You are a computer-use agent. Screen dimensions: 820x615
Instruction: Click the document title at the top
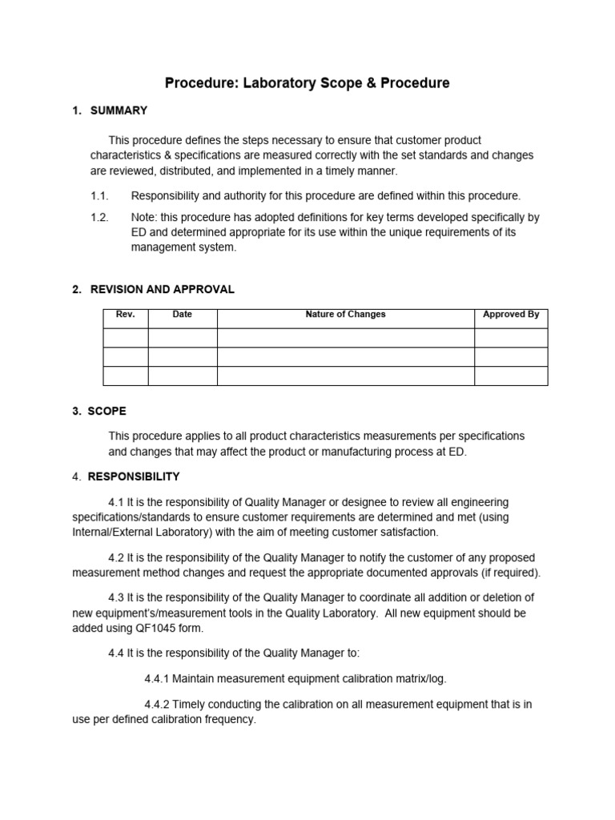pyautogui.click(x=307, y=82)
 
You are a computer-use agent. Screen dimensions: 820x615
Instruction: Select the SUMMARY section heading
pyautogui.click(x=119, y=111)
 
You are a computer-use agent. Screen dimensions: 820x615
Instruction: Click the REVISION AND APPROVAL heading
pyautogui.click(x=161, y=289)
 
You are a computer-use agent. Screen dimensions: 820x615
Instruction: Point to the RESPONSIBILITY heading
pyautogui.click(x=134, y=476)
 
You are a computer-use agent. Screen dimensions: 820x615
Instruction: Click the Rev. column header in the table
pyautogui.click(x=126, y=315)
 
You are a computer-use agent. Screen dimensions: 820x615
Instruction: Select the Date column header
pyautogui.click(x=183, y=315)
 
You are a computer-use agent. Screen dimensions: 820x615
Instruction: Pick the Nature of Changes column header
pyautogui.click(x=345, y=315)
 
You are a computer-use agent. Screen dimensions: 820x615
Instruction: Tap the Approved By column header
pyautogui.click(x=511, y=315)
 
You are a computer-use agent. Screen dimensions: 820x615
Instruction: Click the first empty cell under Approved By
pyautogui.click(x=511, y=337)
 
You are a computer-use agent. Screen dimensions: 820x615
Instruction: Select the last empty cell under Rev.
pyautogui.click(x=126, y=376)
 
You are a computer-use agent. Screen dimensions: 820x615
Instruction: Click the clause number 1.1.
pyautogui.click(x=99, y=195)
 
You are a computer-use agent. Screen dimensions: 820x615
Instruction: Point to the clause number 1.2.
pyautogui.click(x=99, y=217)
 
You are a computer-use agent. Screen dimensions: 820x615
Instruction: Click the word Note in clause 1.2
pyautogui.click(x=144, y=217)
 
